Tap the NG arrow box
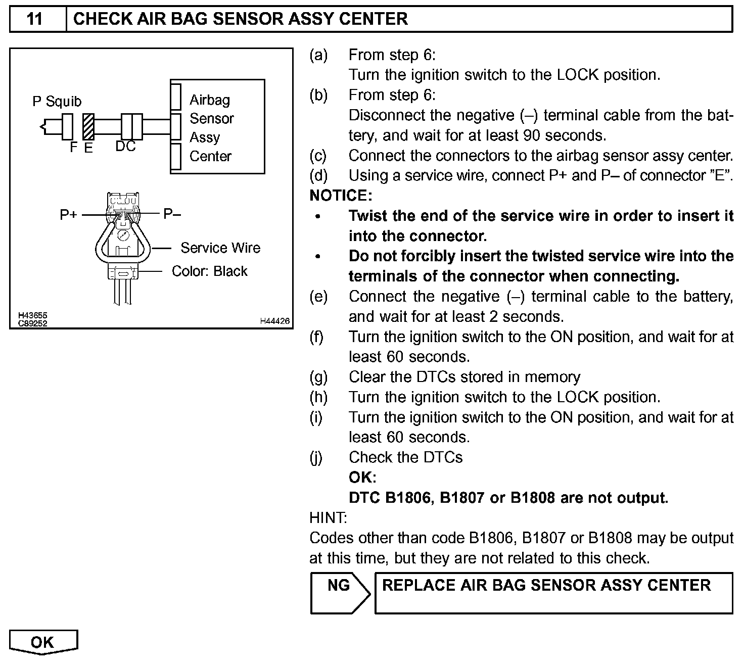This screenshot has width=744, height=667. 339,592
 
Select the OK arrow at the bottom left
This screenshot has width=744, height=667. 42,642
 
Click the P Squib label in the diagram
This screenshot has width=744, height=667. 57,102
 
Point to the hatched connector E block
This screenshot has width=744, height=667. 88,126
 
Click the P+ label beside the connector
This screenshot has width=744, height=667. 68,215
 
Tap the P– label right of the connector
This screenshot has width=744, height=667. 172,214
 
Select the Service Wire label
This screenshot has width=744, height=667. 220,248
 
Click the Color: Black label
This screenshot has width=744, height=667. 209,271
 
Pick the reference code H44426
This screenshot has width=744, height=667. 274,321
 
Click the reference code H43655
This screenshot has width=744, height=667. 32,316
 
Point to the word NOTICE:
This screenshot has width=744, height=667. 341,196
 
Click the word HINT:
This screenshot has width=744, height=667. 328,517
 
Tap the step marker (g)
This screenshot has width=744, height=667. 318,377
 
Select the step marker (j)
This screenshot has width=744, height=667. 316,457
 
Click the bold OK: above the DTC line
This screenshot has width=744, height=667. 362,478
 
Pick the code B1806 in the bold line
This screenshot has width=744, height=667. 408,498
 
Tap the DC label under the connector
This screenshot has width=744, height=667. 125,146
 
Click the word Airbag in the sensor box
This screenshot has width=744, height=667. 209,100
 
